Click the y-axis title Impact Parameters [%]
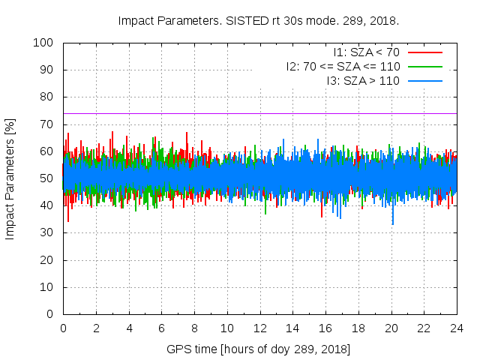(x=10, y=178)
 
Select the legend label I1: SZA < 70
(x=367, y=52)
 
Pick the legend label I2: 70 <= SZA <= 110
(x=343, y=66)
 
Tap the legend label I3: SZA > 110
(x=364, y=80)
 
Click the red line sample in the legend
(x=424, y=52)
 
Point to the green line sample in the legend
(x=424, y=66)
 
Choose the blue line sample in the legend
(x=424, y=80)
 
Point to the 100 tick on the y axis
(x=47, y=43)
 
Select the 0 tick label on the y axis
(x=53, y=314)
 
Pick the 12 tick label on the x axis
(x=259, y=328)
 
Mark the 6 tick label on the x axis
(x=161, y=328)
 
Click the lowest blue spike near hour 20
(x=392, y=223)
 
